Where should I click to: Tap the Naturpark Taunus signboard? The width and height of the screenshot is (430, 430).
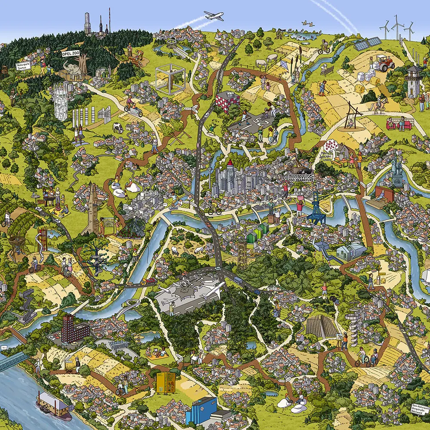[25, 65]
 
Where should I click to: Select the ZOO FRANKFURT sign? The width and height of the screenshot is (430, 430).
[301, 176]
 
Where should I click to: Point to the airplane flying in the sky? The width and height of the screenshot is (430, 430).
[214, 16]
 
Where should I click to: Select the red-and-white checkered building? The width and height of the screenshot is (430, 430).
[227, 101]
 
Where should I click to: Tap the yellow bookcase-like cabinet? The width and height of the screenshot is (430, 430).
[166, 382]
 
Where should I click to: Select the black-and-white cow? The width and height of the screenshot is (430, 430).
[117, 127]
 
